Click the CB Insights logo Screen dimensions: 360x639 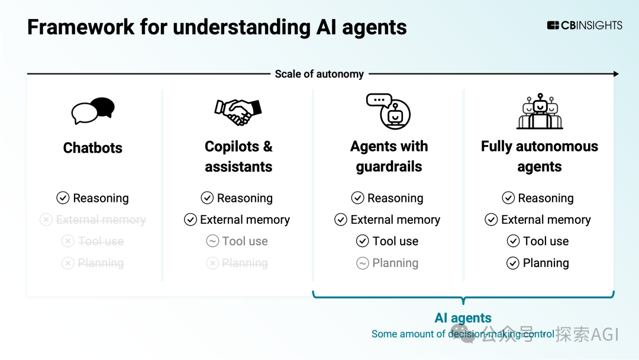pos(585,25)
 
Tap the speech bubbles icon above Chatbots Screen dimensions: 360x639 pos(93,110)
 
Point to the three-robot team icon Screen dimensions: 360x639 pos(540,111)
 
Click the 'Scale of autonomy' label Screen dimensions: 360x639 pos(319,74)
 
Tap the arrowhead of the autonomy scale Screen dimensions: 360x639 pos(615,74)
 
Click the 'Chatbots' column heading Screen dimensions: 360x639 pos(93,147)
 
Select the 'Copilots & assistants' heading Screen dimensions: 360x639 pos(238,156)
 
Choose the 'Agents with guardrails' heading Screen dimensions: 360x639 pos(389,156)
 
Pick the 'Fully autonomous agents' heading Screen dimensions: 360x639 pos(540,156)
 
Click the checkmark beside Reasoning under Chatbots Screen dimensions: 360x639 pos(63,198)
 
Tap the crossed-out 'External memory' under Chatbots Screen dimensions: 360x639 pos(101,220)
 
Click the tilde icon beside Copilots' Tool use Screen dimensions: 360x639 pos(212,241)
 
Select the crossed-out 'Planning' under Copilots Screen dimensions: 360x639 pos(245,263)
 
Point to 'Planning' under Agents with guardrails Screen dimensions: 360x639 pos(395,263)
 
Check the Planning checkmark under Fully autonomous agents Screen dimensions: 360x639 pos(513,263)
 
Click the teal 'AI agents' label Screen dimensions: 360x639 pos(463,318)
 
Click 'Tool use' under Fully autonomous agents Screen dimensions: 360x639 pos(546,241)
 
